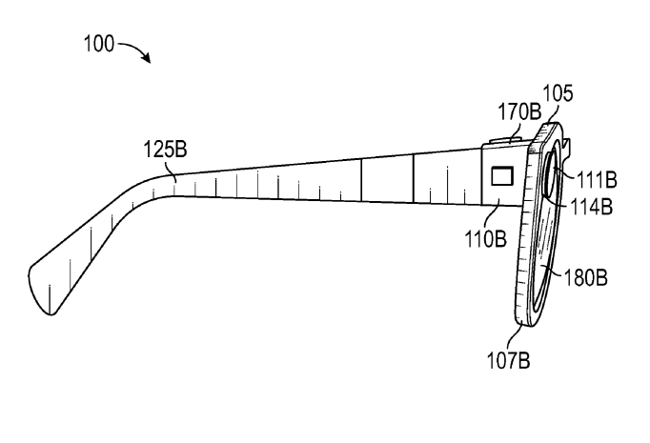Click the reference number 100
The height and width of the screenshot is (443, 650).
click(99, 44)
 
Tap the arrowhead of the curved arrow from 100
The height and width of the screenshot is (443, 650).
click(147, 58)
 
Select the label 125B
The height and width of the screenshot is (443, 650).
click(165, 150)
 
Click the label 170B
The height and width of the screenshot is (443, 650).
click(519, 111)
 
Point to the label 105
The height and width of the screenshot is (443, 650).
click(558, 93)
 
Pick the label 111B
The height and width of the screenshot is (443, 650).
click(597, 180)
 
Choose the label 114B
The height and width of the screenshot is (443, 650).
click(592, 206)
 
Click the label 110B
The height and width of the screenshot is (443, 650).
click(485, 239)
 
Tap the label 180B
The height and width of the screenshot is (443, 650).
click(586, 277)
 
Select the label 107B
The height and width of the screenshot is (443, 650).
click(508, 360)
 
